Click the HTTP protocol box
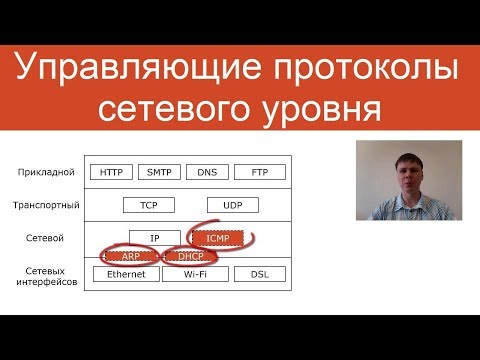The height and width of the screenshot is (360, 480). click(110, 172)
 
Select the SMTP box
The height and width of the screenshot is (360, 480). click(159, 172)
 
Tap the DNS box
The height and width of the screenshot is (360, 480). click(207, 172)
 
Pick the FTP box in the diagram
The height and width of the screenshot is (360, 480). click(260, 172)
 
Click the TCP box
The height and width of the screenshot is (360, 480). click(149, 205)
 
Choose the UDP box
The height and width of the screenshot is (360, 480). click(232, 205)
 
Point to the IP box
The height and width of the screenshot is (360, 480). click(154, 238)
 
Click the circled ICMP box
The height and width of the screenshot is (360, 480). click(217, 238)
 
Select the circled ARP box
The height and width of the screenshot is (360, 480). click(129, 256)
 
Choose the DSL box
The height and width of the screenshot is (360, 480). click(259, 273)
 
